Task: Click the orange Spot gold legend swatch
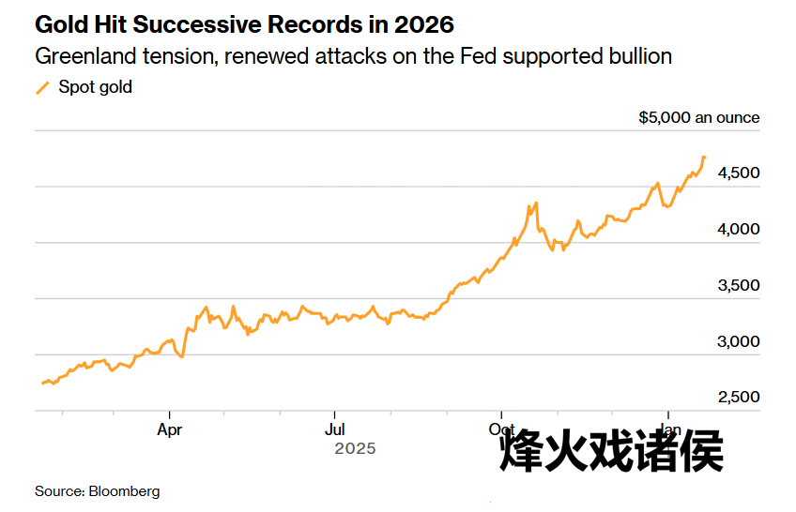point(42,87)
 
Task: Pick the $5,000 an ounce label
point(698,118)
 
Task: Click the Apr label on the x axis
point(169,431)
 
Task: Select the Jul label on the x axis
point(334,431)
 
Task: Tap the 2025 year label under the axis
point(355,449)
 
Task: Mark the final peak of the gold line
point(704,157)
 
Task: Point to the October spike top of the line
point(535,203)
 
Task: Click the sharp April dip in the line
point(181,356)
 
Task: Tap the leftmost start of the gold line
point(42,383)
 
